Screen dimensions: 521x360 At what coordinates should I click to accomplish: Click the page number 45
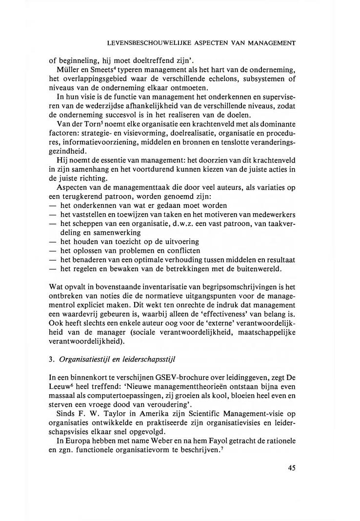click(292, 468)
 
